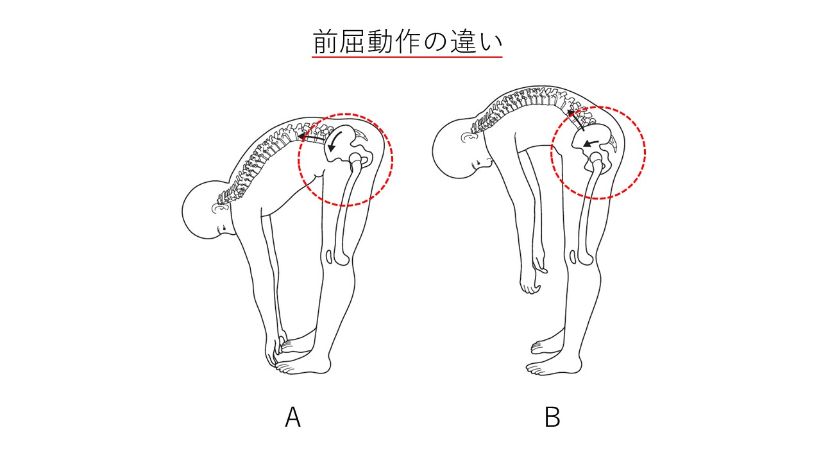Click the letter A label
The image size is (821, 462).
(x=293, y=417)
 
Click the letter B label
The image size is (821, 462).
(x=552, y=417)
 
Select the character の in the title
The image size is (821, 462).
(x=435, y=42)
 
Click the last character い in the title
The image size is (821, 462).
(x=491, y=42)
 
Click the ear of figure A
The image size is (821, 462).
(x=221, y=209)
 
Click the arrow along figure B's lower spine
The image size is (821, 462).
(x=575, y=119)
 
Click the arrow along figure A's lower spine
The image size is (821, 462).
(x=311, y=137)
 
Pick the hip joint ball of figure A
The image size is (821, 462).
(x=355, y=158)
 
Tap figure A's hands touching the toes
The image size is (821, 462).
(x=276, y=350)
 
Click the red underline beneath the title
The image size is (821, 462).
(x=407, y=57)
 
